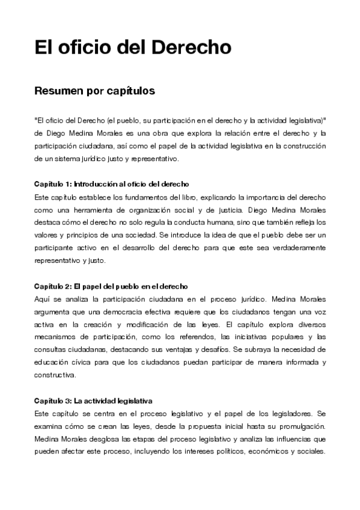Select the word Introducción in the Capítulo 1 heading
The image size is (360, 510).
pyautogui.click(x=99, y=183)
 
